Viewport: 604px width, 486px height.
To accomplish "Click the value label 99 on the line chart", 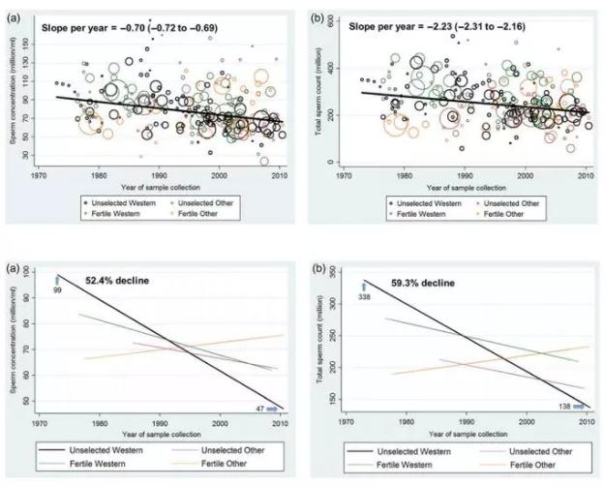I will pos(58,289).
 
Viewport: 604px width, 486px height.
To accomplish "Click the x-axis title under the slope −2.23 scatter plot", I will pos(463,183).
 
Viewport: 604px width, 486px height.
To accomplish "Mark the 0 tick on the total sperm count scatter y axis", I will pos(329,162).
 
